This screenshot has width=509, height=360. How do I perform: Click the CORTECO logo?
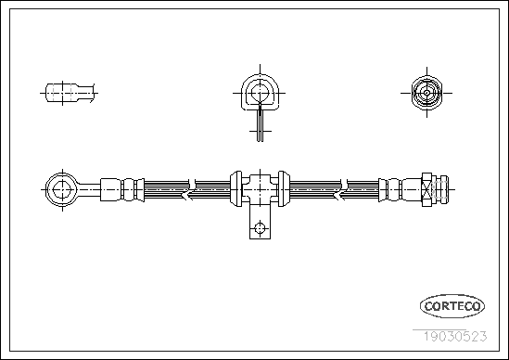click(x=452, y=306)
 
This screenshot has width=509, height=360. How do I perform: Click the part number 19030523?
click(x=455, y=336)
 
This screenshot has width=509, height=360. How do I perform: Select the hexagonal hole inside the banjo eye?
click(x=62, y=189)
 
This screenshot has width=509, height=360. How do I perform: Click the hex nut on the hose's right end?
click(x=426, y=189)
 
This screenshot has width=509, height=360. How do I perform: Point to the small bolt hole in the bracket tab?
click(x=260, y=228)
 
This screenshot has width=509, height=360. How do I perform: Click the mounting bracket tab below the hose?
click(x=260, y=223)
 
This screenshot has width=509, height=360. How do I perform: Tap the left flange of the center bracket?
click(x=236, y=188)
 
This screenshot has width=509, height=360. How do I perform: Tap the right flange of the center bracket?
click(x=284, y=188)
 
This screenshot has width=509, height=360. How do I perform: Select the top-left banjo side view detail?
click(x=70, y=93)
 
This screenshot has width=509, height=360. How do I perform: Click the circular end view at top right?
click(x=426, y=93)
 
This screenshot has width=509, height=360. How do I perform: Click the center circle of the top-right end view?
click(x=426, y=93)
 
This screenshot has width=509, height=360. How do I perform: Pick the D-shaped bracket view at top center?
click(x=260, y=93)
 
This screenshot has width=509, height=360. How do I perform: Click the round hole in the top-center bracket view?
click(x=260, y=93)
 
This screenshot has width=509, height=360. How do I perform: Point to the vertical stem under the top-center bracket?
click(x=260, y=125)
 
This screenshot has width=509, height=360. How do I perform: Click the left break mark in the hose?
click(x=191, y=189)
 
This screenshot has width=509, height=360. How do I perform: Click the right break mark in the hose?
click(x=343, y=189)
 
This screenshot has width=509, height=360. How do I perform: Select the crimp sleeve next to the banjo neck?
click(x=110, y=189)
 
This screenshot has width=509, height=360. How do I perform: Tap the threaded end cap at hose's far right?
click(x=440, y=189)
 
